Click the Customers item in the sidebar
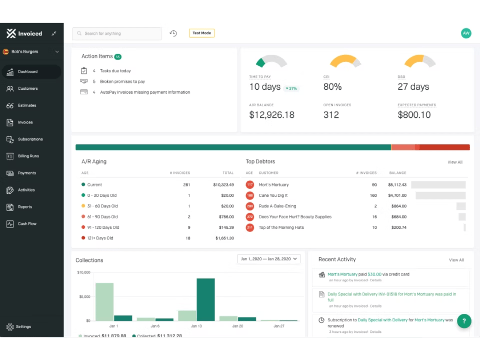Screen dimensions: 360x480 coord(28,88)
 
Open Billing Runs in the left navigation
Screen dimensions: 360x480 coord(28,156)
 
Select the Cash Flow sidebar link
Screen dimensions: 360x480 coord(27,224)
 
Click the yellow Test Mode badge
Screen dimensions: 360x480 coord(202,33)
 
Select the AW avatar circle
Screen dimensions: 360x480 coord(466,33)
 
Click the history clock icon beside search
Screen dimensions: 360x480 coord(173,33)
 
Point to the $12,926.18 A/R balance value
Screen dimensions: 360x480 coord(272,115)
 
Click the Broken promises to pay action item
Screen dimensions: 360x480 coord(122,81)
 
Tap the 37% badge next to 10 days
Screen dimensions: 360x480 coord(291,88)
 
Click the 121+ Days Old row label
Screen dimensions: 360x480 coord(100,238)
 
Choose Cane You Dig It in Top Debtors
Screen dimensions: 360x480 coord(273,196)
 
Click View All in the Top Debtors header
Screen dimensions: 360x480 coord(455,162)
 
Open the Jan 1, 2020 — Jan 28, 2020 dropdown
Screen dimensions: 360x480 coord(269,259)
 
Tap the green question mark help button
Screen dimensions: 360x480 coord(464,321)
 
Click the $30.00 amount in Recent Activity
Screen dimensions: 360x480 coord(374,274)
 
